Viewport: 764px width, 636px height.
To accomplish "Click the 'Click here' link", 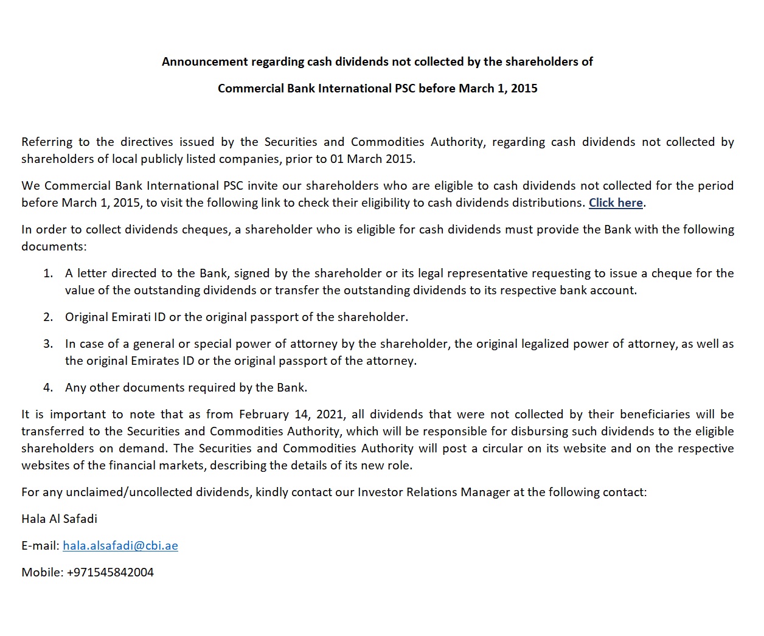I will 616,203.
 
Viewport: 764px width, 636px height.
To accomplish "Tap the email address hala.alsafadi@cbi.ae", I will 120,546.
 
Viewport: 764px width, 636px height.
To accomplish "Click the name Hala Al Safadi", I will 59,519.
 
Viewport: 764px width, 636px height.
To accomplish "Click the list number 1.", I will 48,274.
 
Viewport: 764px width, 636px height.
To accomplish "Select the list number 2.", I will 48,317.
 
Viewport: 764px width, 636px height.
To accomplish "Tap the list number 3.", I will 48,344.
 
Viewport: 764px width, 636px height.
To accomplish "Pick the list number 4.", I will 48,388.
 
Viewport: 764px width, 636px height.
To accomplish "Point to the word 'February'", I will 264,415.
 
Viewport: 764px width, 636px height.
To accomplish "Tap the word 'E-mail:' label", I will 40,546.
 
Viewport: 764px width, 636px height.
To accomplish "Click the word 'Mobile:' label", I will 42,573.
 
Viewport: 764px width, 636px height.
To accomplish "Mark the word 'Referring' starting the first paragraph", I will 46,142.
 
